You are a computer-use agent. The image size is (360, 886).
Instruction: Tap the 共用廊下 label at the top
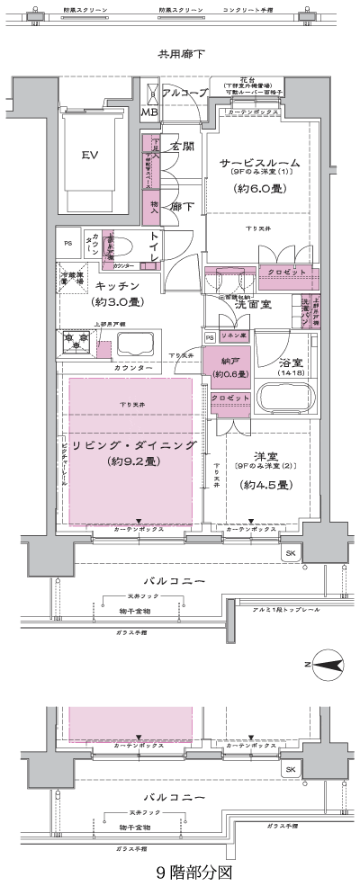(x=181, y=54)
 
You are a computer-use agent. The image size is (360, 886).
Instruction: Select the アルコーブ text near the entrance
(x=187, y=94)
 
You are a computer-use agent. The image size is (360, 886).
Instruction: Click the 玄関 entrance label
(x=183, y=146)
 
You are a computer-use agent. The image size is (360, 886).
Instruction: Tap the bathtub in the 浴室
(x=286, y=396)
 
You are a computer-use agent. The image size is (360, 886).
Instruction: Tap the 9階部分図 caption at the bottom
(x=181, y=872)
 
